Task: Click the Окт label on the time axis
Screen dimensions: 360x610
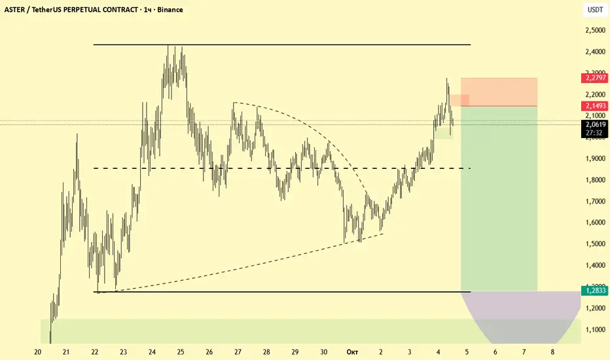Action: click(352, 352)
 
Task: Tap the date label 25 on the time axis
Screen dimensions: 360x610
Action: click(180, 352)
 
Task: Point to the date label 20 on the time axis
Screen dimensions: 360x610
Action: click(38, 352)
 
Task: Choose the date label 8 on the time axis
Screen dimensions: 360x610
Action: click(552, 352)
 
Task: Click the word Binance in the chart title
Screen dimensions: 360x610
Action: click(170, 10)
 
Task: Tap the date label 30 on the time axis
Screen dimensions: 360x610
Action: click(323, 352)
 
